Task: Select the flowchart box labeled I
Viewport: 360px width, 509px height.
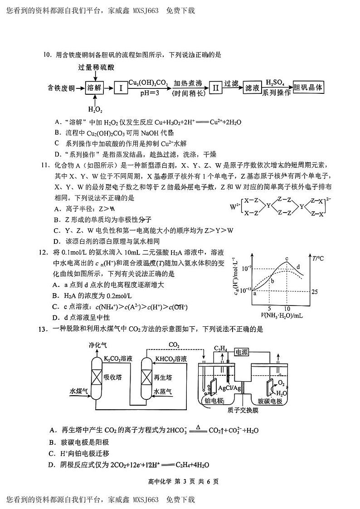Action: click(121, 87)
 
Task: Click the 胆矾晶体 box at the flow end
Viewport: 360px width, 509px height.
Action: click(309, 87)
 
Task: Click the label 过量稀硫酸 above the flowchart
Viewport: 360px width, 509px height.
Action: click(96, 68)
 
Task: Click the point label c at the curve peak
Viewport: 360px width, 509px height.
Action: click(287, 259)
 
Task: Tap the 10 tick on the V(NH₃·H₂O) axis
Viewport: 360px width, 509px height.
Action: click(287, 308)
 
